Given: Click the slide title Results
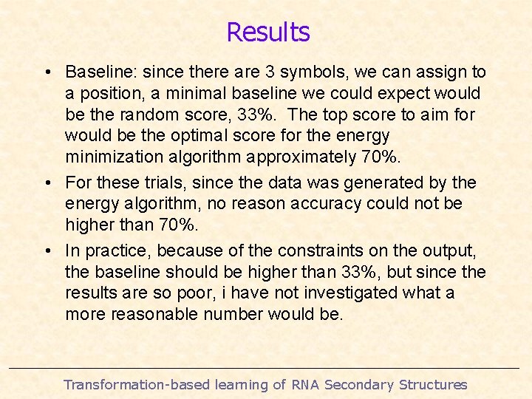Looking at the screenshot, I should coord(267,32).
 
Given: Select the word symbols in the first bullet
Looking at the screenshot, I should coord(318,72).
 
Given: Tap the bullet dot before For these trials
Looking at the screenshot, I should coord(47,183).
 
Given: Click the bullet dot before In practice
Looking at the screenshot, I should coord(47,251).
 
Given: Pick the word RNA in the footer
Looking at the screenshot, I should coord(306,384).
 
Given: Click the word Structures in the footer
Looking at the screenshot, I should coord(432,384).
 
